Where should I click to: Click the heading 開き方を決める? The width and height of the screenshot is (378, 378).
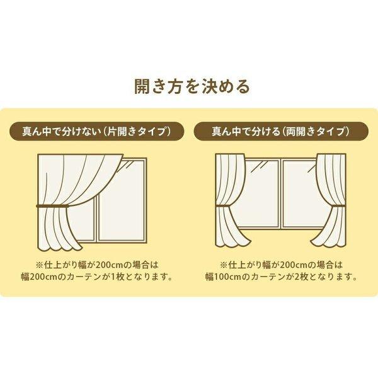pos(189,86)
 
